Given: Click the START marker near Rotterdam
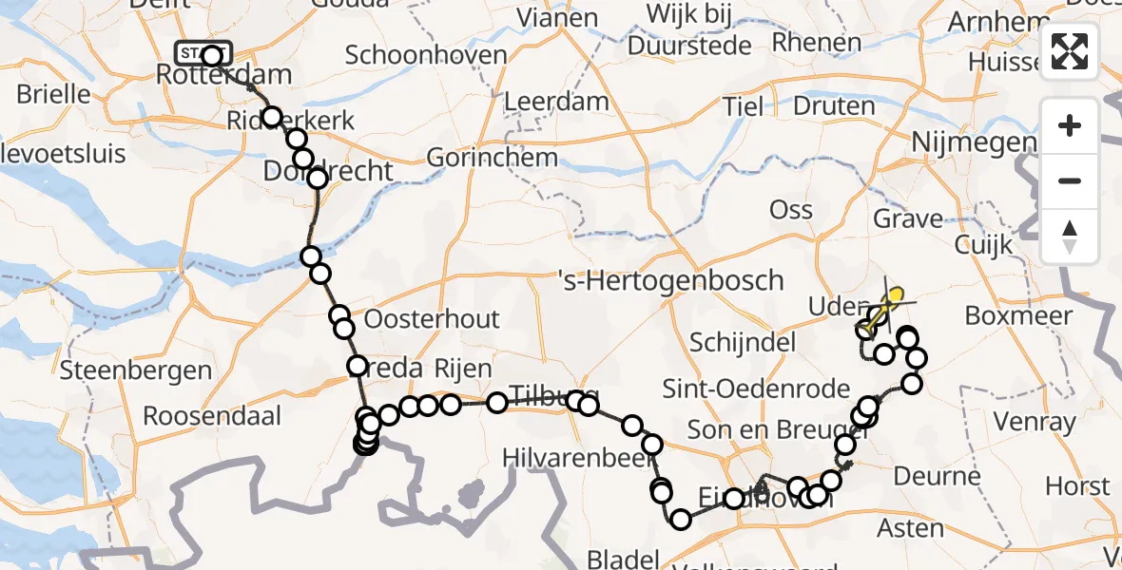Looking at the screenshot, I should tap(203, 54).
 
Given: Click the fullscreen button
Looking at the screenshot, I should tap(1070, 51).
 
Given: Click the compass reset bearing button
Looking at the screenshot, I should tap(1070, 236).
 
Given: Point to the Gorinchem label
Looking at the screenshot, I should tap(492, 156).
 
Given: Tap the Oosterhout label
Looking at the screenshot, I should tap(432, 318).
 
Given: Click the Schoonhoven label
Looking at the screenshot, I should tap(426, 54).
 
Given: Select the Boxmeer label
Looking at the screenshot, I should tap(1018, 315).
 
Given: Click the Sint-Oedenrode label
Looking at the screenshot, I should tap(756, 389).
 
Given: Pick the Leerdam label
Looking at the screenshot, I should tap(570, 102).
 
